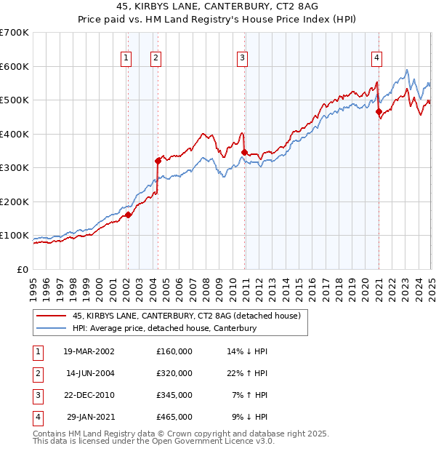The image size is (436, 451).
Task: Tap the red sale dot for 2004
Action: (158, 161)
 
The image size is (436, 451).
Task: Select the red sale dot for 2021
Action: (379, 111)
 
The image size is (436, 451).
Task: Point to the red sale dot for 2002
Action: (128, 215)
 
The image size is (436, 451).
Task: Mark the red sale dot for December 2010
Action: (244, 152)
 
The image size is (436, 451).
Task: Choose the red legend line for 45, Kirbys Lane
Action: (51, 315)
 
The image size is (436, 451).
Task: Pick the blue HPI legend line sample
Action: (51, 328)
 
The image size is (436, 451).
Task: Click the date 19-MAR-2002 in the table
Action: (89, 351)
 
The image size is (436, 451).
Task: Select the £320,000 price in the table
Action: (174, 373)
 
